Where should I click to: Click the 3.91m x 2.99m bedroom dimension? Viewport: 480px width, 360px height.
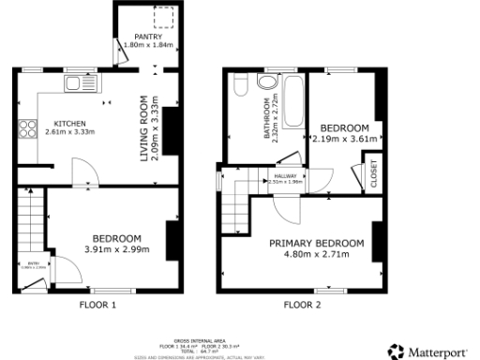[x=115, y=249]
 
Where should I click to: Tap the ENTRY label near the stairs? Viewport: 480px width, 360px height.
[x=33, y=263]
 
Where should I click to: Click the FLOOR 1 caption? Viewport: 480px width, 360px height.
[x=97, y=305]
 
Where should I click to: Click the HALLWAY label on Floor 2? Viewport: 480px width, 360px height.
[x=285, y=175]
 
